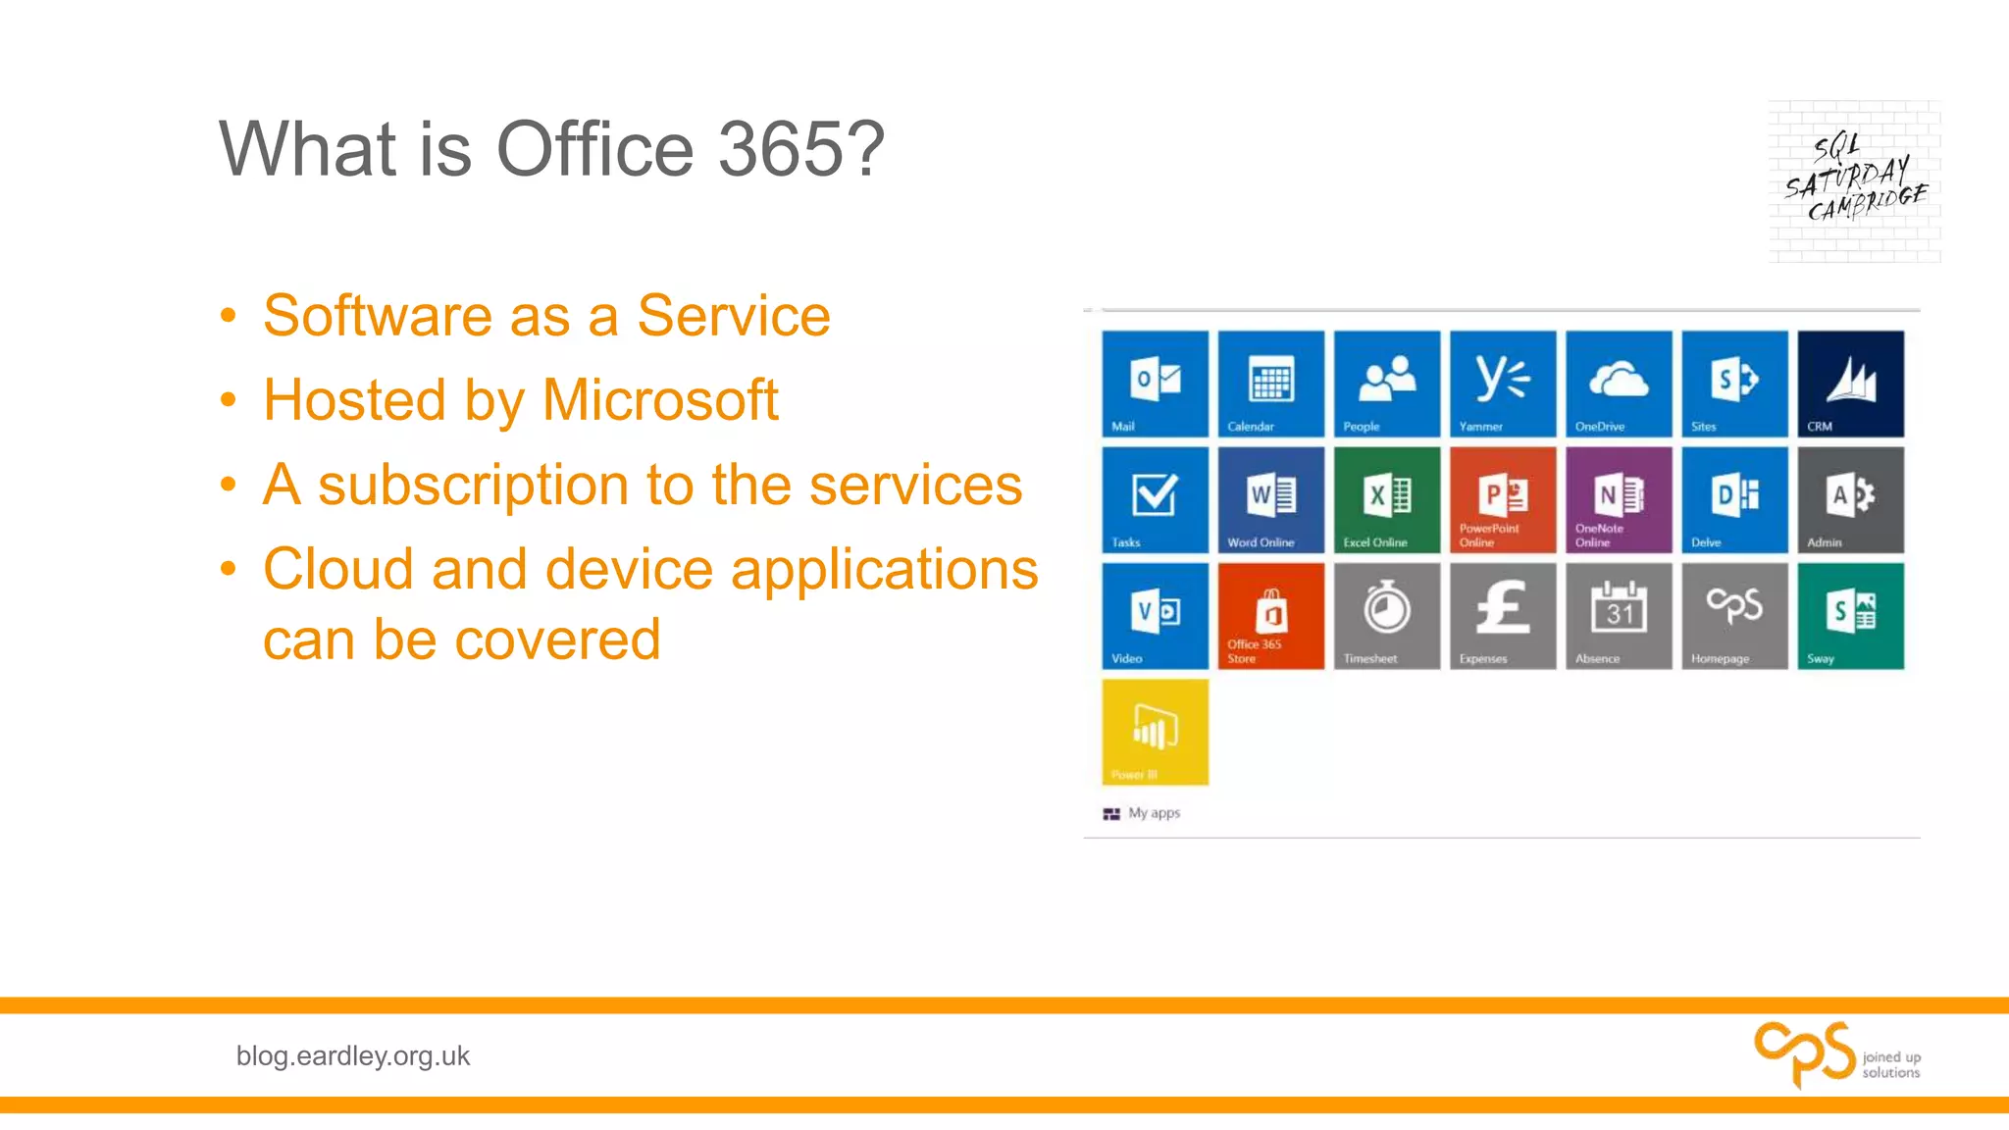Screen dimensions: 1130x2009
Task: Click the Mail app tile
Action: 1155,384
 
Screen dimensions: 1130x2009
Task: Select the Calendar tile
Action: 1270,384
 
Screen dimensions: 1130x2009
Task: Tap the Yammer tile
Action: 1503,384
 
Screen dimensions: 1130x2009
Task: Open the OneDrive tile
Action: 1619,384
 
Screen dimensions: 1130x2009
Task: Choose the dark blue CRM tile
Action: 1850,384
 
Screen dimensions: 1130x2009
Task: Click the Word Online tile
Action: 1270,499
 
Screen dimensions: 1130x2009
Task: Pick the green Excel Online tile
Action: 1386,499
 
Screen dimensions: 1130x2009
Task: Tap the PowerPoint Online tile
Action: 1503,499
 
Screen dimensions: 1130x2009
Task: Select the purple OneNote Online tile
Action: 1619,499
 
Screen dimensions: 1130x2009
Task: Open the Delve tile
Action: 1734,499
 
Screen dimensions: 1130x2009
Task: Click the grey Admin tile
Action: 1850,499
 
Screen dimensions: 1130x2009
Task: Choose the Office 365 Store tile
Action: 1270,616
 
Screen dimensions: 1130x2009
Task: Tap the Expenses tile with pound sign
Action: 1503,616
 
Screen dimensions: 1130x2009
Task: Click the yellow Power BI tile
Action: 1155,732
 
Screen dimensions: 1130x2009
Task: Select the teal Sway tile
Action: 1850,616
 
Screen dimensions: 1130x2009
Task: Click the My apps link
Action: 1153,813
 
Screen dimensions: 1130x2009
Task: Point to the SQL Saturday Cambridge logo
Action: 1854,181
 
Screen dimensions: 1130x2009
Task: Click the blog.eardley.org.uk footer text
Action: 352,1055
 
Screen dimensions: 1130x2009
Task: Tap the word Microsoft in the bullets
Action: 660,400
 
